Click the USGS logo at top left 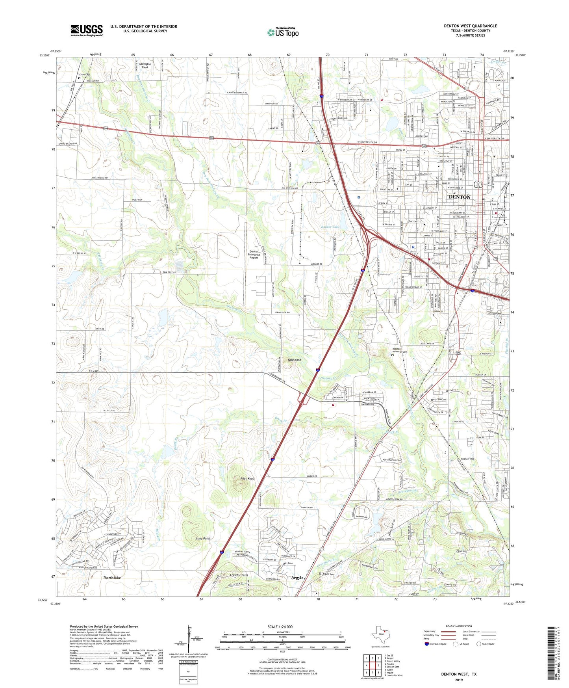click(x=87, y=30)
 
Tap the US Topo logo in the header click(x=283, y=32)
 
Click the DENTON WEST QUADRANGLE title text click(x=470, y=26)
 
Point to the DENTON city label click(x=460, y=197)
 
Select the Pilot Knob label click(x=247, y=478)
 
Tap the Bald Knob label click(x=294, y=360)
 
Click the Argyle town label click(x=297, y=577)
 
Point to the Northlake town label click(x=112, y=577)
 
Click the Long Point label click(x=203, y=538)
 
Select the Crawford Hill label click(x=239, y=575)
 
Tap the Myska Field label click(x=467, y=459)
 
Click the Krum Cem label click(x=85, y=74)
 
